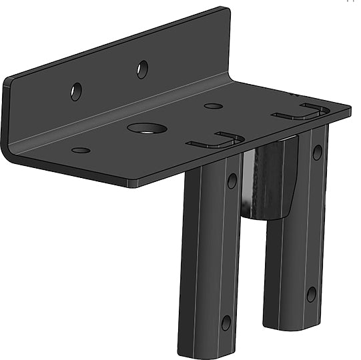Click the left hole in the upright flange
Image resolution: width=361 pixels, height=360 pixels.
(76, 91)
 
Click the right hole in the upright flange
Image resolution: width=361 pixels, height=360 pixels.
(142, 69)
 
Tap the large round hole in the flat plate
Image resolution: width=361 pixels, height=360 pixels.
(147, 128)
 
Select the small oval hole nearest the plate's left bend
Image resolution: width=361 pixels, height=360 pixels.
(81, 150)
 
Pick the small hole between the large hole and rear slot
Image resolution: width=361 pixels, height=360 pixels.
(214, 106)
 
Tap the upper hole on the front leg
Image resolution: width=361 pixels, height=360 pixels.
(232, 180)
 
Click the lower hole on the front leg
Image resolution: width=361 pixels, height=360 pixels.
(226, 323)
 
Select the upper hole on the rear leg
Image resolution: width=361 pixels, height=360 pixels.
(317, 153)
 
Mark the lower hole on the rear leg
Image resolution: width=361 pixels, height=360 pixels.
(311, 294)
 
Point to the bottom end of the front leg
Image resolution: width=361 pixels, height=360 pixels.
(204, 352)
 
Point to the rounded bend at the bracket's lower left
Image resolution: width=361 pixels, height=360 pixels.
(9, 155)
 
